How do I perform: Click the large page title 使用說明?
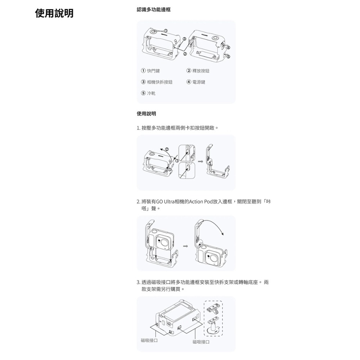point(54,13)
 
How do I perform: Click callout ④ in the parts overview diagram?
point(228,48)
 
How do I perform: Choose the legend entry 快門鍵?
point(151,71)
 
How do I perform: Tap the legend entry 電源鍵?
point(198,82)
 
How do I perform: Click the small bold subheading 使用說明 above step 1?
point(146,114)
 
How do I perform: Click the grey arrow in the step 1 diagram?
point(201,161)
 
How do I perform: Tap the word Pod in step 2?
point(209,201)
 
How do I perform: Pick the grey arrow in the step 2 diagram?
point(185,246)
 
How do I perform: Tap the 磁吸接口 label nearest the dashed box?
point(201,341)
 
